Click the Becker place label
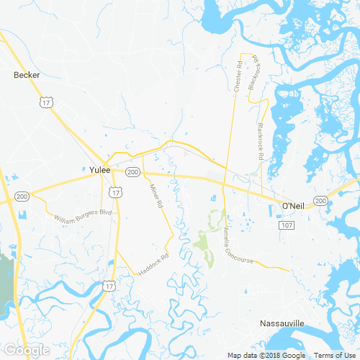[x=27, y=74]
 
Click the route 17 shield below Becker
[x=46, y=103]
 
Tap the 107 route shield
[x=287, y=225]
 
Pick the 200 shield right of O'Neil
[x=320, y=200]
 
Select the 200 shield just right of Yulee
[x=132, y=173]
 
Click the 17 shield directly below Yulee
[x=116, y=192]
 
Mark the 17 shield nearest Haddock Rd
[x=108, y=286]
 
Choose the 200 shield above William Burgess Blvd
[x=22, y=196]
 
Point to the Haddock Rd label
[x=153, y=264]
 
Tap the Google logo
[x=26, y=350]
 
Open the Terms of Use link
[x=333, y=355]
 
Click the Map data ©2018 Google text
[x=266, y=355]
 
